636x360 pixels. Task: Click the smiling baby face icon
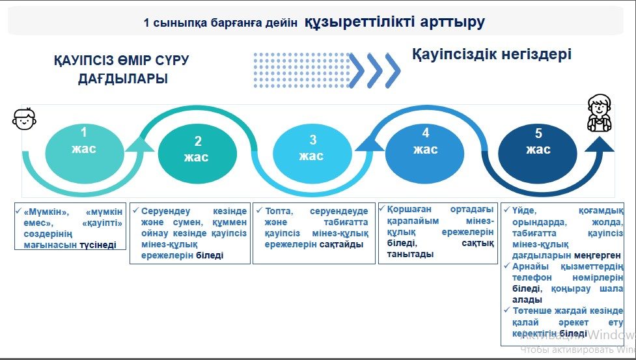[24, 118]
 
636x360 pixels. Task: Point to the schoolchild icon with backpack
[599, 113]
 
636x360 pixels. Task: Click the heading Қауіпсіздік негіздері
[491, 54]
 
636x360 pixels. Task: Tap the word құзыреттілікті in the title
[359, 21]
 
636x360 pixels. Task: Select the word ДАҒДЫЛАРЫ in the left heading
[123, 79]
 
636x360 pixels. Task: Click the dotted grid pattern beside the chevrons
[301, 70]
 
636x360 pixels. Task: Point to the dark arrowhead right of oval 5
[599, 144]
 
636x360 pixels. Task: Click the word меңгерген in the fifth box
[598, 255]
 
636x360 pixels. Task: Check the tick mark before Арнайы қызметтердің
[506, 266]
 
